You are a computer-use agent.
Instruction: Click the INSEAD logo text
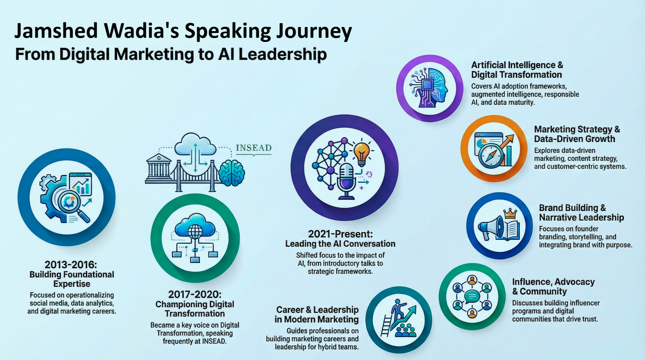click(x=254, y=148)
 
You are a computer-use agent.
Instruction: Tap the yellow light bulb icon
click(x=362, y=154)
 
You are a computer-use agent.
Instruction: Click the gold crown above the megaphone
click(x=510, y=213)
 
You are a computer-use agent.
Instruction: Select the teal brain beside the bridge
click(x=232, y=173)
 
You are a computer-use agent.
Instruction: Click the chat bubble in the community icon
click(x=472, y=296)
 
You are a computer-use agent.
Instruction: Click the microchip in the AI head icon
click(x=427, y=85)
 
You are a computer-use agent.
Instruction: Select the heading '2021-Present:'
click(x=340, y=234)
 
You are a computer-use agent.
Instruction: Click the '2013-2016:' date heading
click(x=71, y=265)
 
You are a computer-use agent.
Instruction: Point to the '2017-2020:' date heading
click(x=195, y=294)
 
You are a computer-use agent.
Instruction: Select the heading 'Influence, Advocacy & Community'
click(x=553, y=286)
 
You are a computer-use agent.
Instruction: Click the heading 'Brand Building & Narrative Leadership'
click(x=581, y=213)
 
